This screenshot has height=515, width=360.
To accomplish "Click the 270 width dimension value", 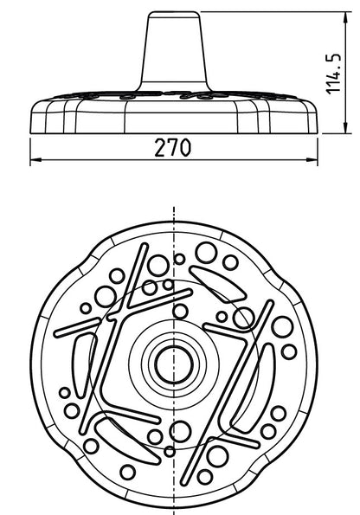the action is [172, 147].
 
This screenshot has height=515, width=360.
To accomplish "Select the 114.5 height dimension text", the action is [333, 74].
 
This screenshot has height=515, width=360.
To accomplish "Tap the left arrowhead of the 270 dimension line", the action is [35, 160].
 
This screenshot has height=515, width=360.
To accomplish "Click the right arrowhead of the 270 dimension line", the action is [312, 160].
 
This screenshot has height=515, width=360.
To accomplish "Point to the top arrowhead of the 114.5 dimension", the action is [345, 17].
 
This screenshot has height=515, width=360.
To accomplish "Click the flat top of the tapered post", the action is [174, 12].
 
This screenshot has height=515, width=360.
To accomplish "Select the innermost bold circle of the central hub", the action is [174, 364].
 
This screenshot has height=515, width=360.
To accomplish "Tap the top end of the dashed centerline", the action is [173, 208].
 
